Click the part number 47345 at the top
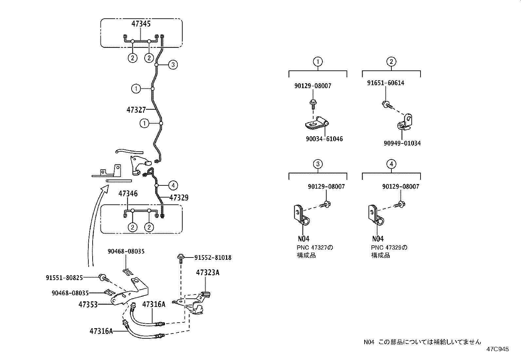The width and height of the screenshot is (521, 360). point(141,24)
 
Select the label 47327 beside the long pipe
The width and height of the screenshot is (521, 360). point(136,110)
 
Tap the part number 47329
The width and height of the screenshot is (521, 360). point(179,198)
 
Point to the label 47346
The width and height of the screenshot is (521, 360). point(128,194)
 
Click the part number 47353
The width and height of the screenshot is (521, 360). point(88,304)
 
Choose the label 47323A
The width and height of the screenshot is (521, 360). point(207,273)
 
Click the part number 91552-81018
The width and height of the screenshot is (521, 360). point(212,258)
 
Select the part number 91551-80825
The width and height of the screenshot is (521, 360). point(64,278)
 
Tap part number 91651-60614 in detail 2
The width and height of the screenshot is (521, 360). point(386,83)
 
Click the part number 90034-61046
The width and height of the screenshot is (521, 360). point(324,139)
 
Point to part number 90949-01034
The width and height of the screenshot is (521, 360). point(402,143)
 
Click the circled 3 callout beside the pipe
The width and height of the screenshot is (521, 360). point(173,65)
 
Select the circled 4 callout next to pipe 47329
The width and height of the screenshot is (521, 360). point(173,186)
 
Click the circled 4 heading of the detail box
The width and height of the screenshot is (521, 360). point(391,164)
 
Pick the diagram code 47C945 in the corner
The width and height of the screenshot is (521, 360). point(497,349)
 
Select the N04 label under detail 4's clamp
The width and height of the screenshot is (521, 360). point(377,239)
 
